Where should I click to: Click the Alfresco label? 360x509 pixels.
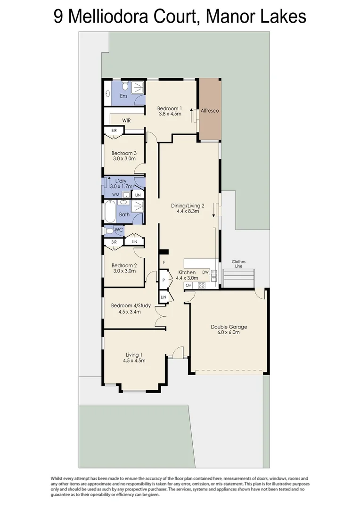coord(210,111)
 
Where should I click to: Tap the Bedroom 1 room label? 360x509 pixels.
coord(169,108)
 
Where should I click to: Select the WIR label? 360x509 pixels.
coord(126,121)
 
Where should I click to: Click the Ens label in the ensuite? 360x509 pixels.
coord(123,96)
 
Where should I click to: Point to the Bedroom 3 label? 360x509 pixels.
coord(124,153)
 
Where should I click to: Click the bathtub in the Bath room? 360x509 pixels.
coord(109,212)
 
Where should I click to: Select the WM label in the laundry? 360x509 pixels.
coord(115,195)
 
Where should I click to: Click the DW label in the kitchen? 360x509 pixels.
coord(205,272)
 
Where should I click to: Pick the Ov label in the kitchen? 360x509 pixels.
coord(188,286)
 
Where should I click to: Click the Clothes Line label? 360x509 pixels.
coord(238,264)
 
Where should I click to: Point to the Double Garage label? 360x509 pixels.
coord(229,327)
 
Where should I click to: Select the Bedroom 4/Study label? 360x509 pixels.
coord(131,305)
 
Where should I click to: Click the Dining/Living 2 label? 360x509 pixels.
coord(187,205)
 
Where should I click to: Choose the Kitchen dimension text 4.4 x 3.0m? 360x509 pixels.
coord(187,279)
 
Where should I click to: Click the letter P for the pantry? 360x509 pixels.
coord(164,280)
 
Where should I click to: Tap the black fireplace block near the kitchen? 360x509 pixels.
coord(164,252)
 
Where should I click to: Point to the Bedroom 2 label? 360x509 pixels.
coord(124,265)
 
